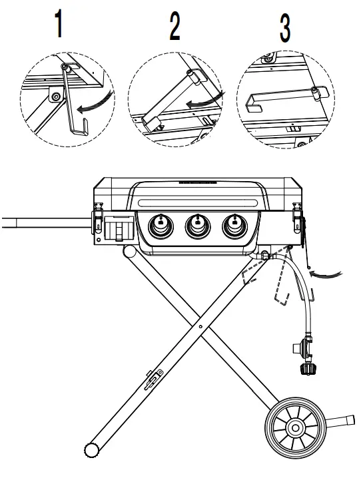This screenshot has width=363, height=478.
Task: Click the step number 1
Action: tap(59, 25)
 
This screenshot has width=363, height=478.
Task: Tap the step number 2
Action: tap(175, 27)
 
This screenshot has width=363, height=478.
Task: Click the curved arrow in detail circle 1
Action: tap(94, 105)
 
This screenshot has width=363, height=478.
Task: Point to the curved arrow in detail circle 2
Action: tap(204, 101)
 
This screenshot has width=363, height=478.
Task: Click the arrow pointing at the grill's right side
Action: tap(328, 271)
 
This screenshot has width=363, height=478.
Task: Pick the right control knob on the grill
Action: tap(234, 226)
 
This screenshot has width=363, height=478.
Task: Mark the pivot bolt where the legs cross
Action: tap(200, 327)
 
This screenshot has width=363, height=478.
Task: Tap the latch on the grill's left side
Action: tap(97, 215)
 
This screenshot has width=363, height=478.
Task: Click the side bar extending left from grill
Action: tap(40, 222)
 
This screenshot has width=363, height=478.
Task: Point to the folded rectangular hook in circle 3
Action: tap(280, 103)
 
